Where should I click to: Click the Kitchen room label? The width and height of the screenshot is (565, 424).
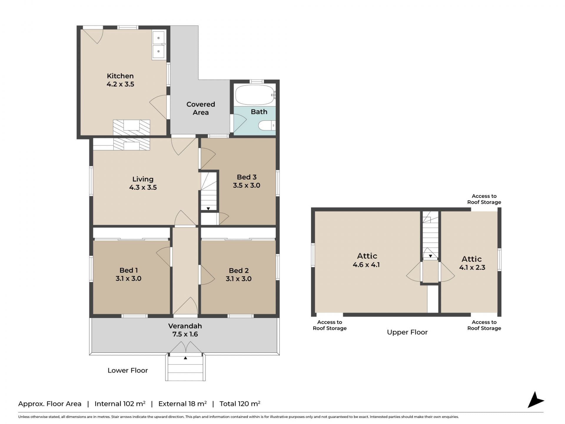(120, 76)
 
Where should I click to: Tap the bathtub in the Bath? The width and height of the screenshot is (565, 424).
(255, 95)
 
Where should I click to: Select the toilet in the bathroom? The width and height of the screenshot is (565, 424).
(267, 126)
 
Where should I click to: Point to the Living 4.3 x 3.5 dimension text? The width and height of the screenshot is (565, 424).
(143, 187)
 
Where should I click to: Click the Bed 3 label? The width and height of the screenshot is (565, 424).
(247, 177)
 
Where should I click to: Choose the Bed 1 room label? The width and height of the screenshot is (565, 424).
(129, 270)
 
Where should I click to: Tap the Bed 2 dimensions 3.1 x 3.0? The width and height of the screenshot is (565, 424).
(239, 279)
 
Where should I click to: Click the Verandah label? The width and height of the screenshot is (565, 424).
(185, 326)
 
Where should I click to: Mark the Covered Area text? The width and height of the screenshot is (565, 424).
(201, 108)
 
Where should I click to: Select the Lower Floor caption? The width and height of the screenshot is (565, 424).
(128, 370)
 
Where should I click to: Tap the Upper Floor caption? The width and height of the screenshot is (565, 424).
(407, 332)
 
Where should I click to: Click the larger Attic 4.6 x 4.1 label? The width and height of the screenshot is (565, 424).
(367, 260)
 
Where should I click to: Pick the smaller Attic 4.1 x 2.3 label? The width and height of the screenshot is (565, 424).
(472, 263)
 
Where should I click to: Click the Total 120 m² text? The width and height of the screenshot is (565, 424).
(240, 404)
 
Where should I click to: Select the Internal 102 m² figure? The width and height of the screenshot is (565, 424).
(120, 404)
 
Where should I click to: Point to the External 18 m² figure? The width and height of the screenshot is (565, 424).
(182, 404)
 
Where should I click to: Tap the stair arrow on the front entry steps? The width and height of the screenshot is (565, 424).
(185, 358)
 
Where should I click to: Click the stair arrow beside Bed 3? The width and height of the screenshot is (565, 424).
(208, 208)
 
